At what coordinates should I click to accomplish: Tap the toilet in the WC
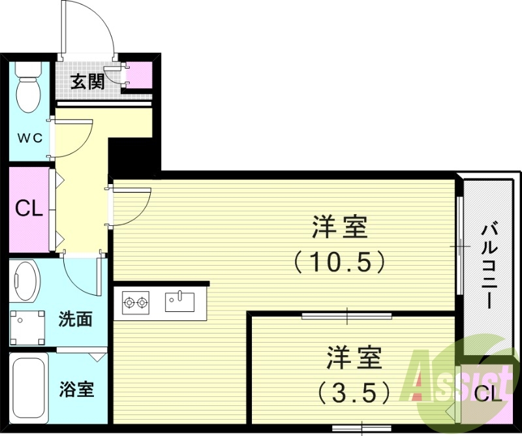[27, 88]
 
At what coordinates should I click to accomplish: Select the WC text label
[29, 138]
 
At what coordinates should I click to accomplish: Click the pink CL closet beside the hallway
[29, 209]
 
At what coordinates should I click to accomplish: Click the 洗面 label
[75, 319]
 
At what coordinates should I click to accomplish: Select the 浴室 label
[76, 390]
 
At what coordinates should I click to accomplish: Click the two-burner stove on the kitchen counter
[135, 302]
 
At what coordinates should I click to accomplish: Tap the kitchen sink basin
[179, 302]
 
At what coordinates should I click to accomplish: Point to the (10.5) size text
[339, 262]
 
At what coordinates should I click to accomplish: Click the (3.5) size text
[355, 392]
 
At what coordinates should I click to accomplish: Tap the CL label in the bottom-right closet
[488, 394]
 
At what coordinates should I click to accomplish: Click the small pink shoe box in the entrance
[139, 75]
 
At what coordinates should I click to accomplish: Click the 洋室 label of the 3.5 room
[354, 358]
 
